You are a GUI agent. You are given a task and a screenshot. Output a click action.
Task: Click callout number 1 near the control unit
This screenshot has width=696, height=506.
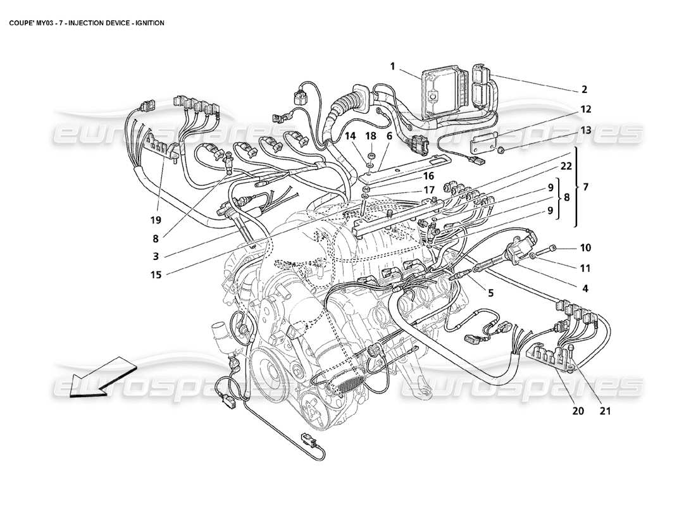[x=393, y=66]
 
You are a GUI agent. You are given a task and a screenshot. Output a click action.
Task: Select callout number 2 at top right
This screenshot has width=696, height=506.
[x=584, y=89]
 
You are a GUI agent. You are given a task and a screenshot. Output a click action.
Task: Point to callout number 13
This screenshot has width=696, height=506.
[x=584, y=130]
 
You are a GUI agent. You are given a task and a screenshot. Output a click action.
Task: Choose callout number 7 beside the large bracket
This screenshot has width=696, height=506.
[x=585, y=187]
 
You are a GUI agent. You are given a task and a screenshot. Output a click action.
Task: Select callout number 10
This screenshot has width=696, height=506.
[x=584, y=247]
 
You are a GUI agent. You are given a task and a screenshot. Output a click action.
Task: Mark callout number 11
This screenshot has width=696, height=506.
[x=584, y=268]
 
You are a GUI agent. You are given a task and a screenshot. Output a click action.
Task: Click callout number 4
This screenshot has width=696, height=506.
[x=585, y=288]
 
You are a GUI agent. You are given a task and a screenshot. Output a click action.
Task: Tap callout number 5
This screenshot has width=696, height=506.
[x=490, y=292]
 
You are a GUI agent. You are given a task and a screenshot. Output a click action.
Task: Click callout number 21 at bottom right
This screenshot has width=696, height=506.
[x=605, y=410]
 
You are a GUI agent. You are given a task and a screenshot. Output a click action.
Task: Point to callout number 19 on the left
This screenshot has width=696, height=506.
[x=156, y=220]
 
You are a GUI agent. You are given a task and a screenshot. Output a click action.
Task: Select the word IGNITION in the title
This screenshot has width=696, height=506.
[x=146, y=23]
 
